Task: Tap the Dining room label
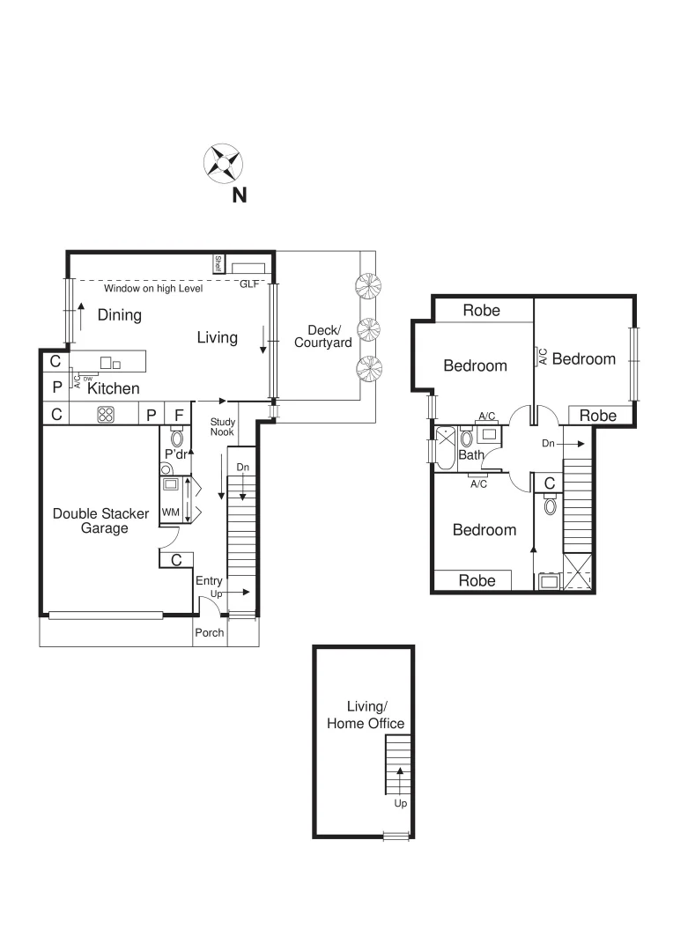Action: (119, 315)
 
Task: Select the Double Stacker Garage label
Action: (100, 520)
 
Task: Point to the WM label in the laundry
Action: (169, 512)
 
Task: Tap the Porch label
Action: (210, 633)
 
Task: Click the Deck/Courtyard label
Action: (322, 336)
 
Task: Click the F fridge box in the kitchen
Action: (178, 414)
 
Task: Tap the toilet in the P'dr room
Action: (176, 438)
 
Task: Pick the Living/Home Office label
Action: (366, 715)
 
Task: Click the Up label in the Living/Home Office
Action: (400, 803)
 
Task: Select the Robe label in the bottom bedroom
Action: (477, 580)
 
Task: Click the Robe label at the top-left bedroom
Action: (481, 310)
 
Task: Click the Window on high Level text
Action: (153, 288)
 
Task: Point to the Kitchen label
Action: (114, 387)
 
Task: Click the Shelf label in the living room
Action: (218, 263)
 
